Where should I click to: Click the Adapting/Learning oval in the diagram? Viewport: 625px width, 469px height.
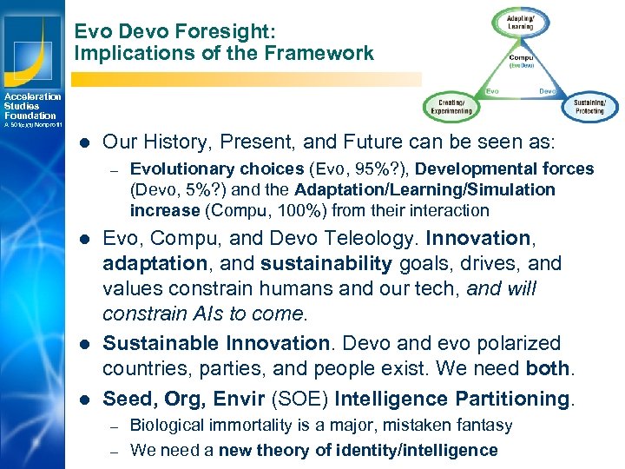point(520,22)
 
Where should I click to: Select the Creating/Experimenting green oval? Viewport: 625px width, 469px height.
point(449,107)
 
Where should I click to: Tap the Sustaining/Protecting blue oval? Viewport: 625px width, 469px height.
point(590,106)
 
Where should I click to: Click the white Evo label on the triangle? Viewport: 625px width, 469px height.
point(490,89)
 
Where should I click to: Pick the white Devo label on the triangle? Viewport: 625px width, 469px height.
point(548,89)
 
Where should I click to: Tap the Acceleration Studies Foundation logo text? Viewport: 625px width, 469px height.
point(30,106)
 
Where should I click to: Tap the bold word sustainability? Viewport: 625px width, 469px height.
point(309,263)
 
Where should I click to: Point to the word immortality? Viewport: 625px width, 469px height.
point(240,426)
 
